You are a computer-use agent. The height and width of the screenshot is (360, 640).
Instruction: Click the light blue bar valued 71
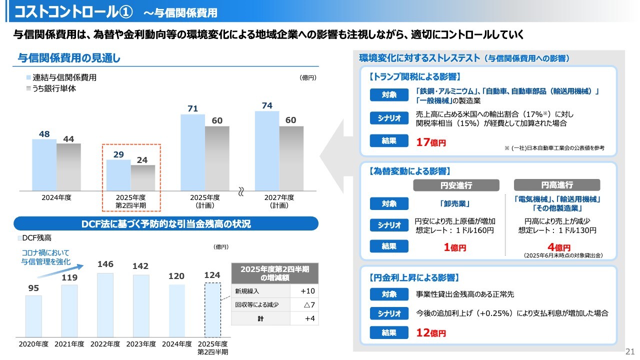192,152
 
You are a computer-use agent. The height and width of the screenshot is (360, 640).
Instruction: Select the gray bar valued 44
68,167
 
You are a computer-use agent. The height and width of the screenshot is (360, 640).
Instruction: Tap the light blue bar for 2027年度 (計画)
266,150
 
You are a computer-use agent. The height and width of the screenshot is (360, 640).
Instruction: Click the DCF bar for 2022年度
105,304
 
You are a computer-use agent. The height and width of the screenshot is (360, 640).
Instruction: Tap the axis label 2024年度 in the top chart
56,197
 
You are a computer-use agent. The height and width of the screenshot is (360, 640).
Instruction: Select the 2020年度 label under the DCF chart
33,344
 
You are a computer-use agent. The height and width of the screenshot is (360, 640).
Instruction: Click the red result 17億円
430,142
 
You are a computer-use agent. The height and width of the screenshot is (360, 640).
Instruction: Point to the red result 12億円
430,332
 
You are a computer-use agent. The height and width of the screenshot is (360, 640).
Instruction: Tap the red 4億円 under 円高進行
558,247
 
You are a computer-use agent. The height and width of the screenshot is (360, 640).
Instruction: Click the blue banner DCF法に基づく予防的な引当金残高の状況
166,224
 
